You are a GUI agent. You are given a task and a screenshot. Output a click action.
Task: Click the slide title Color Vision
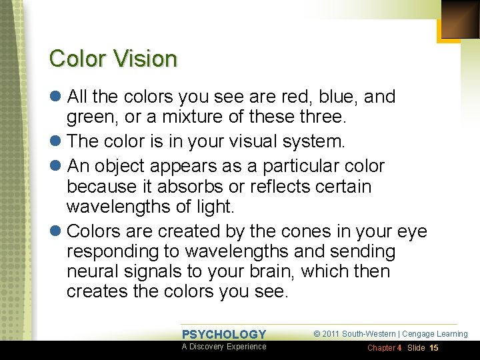[x=113, y=59]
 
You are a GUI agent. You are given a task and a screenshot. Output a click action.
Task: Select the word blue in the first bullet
[x=340, y=97]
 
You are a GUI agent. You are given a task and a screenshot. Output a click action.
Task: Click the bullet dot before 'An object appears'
[x=56, y=165]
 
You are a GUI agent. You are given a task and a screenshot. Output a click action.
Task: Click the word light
[x=213, y=207]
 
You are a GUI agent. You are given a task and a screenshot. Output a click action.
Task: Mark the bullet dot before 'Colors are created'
[x=56, y=231]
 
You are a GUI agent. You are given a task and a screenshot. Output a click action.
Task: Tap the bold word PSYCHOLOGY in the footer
[x=224, y=335]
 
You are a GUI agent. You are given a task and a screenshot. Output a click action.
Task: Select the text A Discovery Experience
[x=224, y=347]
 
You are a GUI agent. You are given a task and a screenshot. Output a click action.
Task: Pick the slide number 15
[x=434, y=348]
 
